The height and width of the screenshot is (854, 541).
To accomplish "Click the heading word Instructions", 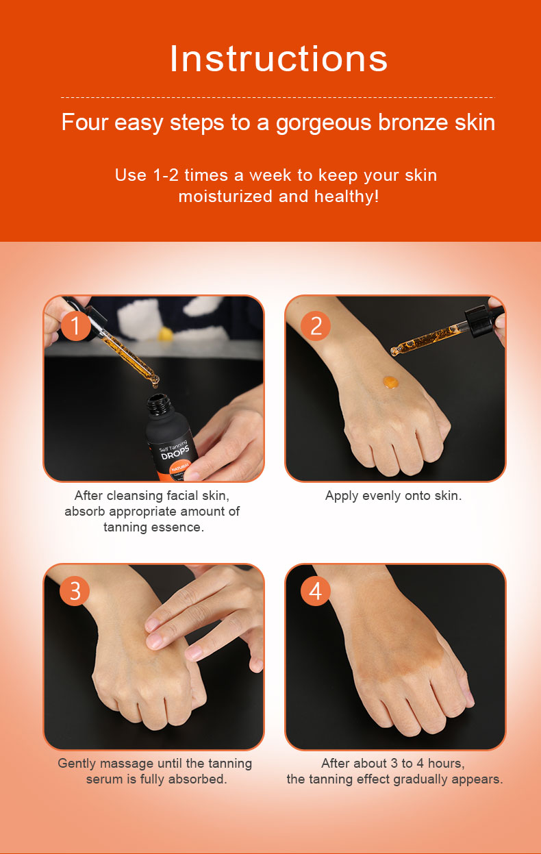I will coord(278,59).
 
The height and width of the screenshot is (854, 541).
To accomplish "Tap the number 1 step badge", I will coord(75,326).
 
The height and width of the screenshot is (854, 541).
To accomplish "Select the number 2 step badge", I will coord(316,326).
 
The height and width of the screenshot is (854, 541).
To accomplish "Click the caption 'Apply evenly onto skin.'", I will coord(394,496).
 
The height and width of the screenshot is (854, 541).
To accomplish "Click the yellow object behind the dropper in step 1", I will coord(165,334).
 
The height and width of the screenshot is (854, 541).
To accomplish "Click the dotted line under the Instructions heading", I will coord(277,97).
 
